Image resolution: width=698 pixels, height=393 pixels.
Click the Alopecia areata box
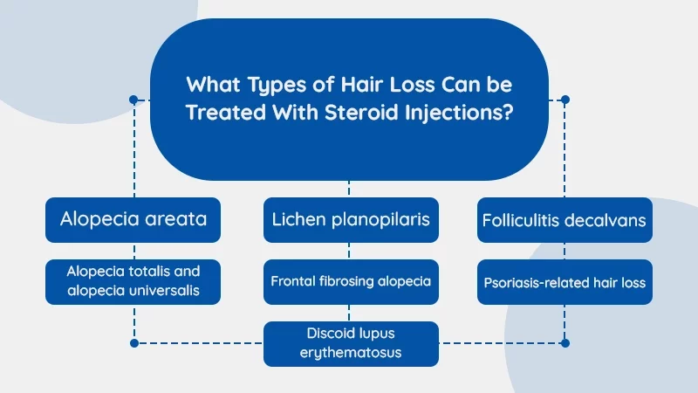coord(133,219)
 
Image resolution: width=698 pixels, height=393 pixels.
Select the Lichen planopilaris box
coord(349,219)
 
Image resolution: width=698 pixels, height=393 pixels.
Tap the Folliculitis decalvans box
coord(565,220)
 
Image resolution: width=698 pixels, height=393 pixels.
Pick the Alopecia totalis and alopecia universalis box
coord(133,281)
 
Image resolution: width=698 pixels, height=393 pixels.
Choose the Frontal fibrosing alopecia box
coord(349,282)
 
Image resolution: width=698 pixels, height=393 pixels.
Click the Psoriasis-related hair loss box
coord(565,282)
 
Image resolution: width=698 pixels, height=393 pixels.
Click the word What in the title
coord(212,86)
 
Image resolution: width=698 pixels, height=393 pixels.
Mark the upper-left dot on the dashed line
coord(133,100)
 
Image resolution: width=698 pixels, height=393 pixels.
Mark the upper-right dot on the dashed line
coord(565,100)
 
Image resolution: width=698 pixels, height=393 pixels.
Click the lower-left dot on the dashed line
coord(133,343)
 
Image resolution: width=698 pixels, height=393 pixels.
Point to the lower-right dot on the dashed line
coord(565,343)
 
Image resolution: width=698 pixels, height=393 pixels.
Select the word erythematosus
coord(349,353)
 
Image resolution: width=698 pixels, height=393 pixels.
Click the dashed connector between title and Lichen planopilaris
coord(349,189)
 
